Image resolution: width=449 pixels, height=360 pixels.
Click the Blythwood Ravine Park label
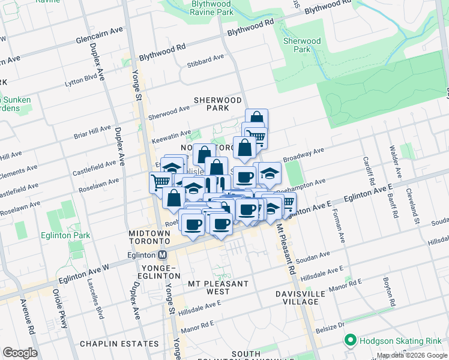(x=203, y=8)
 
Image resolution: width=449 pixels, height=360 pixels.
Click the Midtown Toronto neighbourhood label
(x=151, y=236)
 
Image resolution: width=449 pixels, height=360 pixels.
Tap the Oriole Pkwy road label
(x=62, y=310)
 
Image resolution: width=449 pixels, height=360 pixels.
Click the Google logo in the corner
(x=20, y=353)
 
